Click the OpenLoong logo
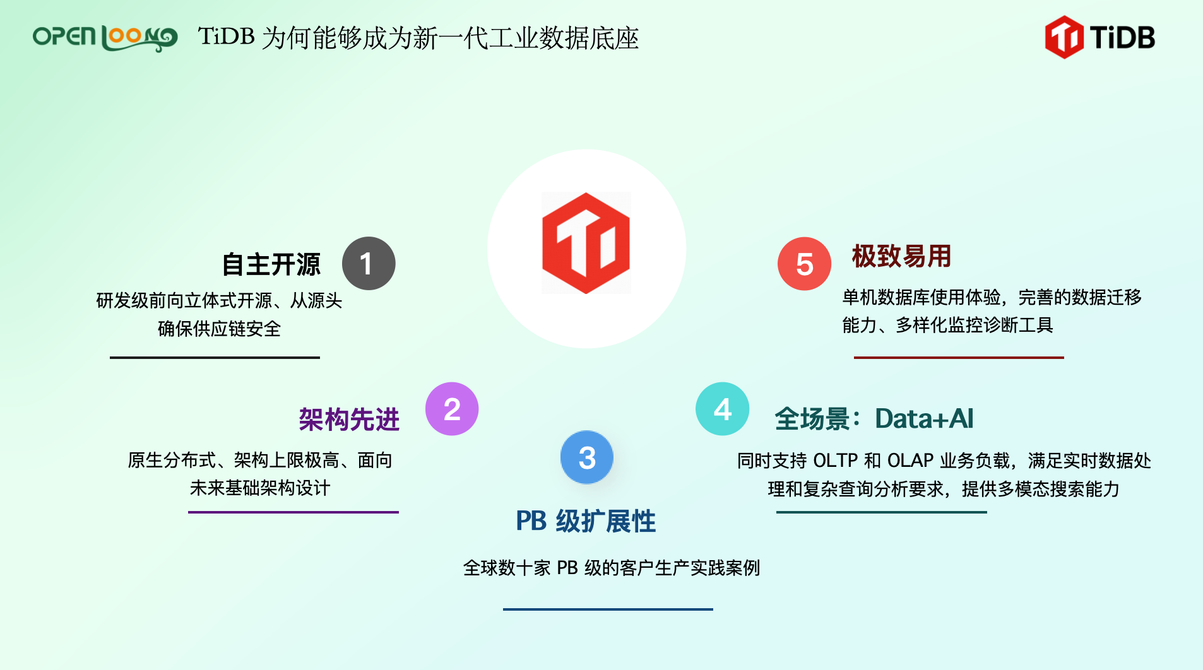[x=105, y=38]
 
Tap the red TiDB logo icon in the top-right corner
[x=1064, y=37]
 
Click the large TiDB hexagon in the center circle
[x=586, y=244]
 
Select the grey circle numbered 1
[x=369, y=264]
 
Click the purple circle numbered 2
[x=452, y=409]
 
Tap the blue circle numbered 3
[x=587, y=457]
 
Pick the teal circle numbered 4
[x=723, y=409]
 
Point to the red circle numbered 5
[x=805, y=264]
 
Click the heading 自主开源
[x=271, y=264]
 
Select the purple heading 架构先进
[x=349, y=420]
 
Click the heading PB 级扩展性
[x=586, y=521]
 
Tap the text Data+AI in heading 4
[x=924, y=418]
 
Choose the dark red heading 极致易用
[x=901, y=256]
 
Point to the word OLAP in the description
[x=910, y=461]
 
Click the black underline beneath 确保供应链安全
[x=215, y=358]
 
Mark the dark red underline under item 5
[x=959, y=358]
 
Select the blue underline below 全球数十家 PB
[x=608, y=609]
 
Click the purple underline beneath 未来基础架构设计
[x=293, y=512]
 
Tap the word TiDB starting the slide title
[x=227, y=37]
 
